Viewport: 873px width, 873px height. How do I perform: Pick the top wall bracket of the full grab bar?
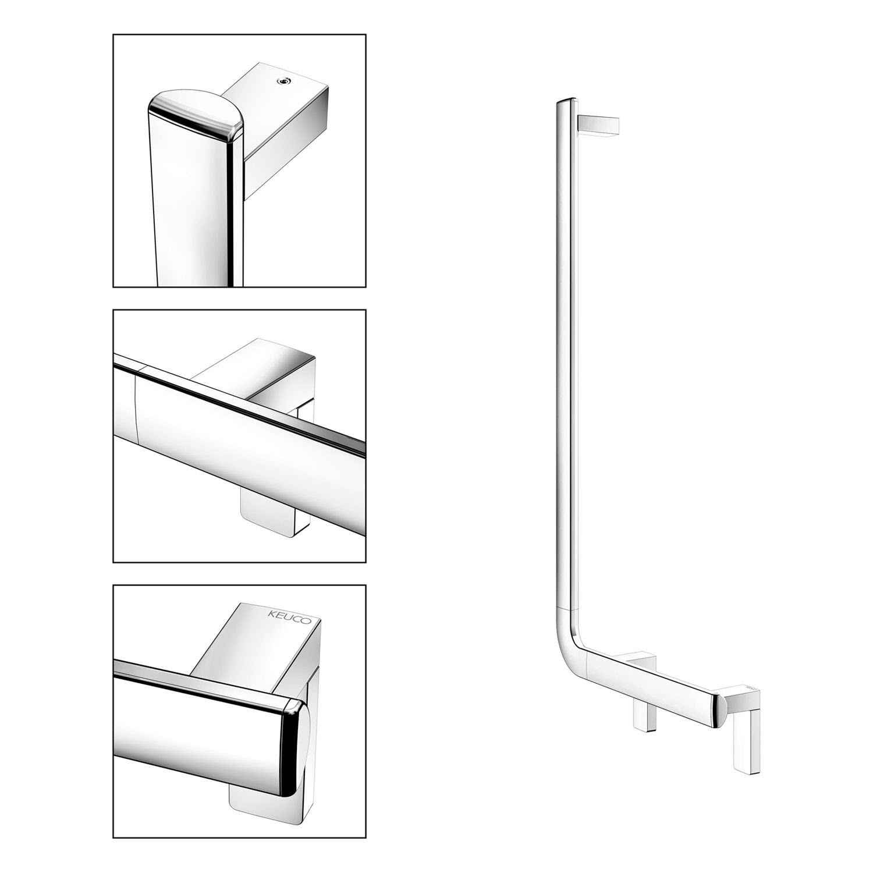point(599,126)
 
